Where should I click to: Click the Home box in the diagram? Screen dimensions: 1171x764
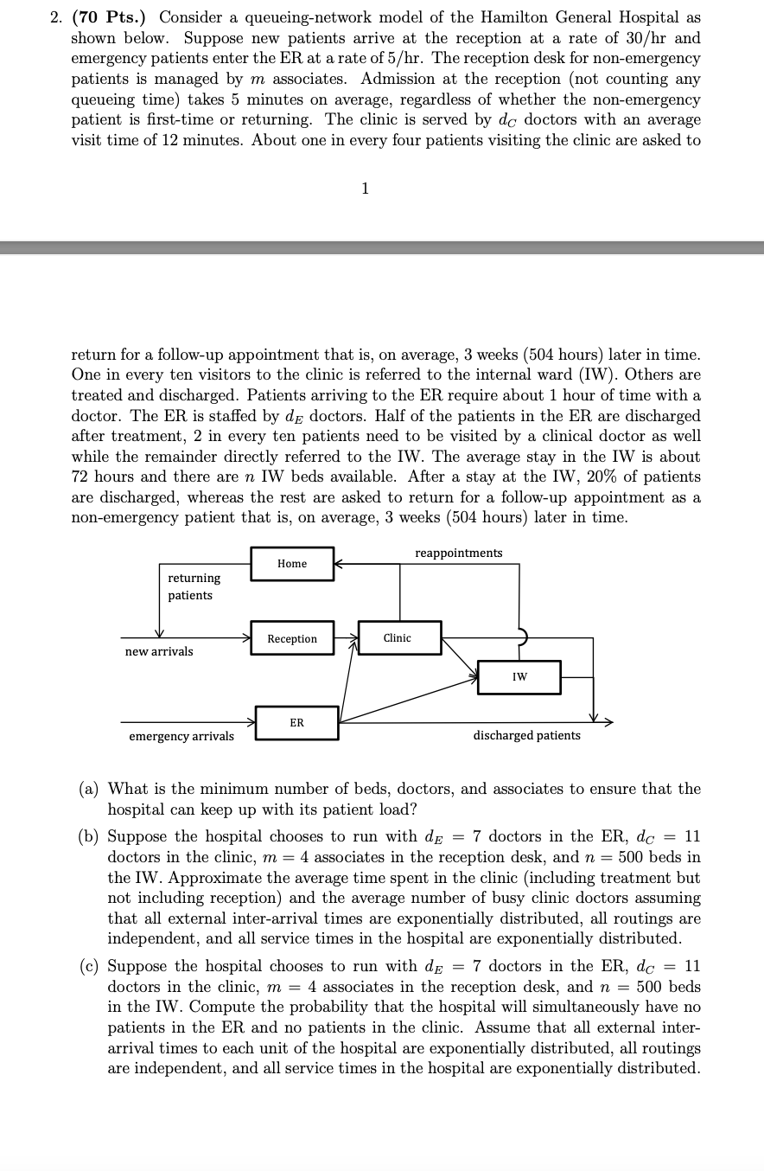click(292, 564)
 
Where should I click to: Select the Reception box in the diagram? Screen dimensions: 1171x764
click(292, 638)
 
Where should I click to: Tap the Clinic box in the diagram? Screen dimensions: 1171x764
click(398, 637)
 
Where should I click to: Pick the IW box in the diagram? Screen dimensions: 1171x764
click(519, 676)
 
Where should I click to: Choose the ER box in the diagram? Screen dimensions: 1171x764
click(296, 722)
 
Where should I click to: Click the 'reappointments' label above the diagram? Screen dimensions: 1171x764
click(458, 553)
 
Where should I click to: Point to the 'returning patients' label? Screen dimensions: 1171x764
click(194, 586)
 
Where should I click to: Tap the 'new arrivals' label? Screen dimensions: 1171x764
click(159, 651)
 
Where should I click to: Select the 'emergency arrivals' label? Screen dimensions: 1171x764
click(181, 736)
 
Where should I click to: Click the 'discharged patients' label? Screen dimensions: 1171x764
click(526, 735)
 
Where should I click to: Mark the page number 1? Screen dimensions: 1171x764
click(365, 189)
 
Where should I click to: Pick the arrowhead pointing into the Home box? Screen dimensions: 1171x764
click(339, 564)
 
